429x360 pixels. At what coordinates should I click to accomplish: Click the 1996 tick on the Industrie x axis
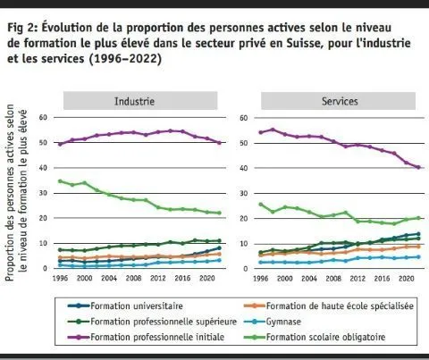(60, 278)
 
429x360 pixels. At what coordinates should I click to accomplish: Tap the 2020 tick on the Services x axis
(403, 278)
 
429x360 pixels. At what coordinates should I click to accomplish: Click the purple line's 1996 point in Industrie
(60, 143)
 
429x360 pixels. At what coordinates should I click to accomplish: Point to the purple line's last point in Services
(418, 168)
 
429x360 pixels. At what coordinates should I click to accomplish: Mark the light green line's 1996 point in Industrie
(60, 180)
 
